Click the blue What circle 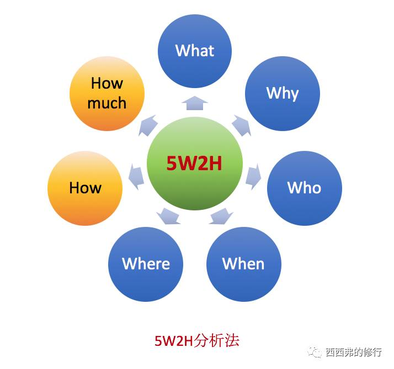195,51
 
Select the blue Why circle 283,94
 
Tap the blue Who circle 305,188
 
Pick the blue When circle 244,264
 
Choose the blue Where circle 146,264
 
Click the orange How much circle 107,94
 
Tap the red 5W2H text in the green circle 194,164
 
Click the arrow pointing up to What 195,103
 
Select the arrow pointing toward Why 242,125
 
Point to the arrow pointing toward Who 253,176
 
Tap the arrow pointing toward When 221,216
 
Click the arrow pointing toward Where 168,216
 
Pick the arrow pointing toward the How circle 136,176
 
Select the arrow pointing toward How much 148,125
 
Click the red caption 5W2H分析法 196,341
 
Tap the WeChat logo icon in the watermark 315,352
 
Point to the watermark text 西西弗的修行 354,352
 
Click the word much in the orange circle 107,103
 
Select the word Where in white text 146,264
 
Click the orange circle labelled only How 85,188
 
